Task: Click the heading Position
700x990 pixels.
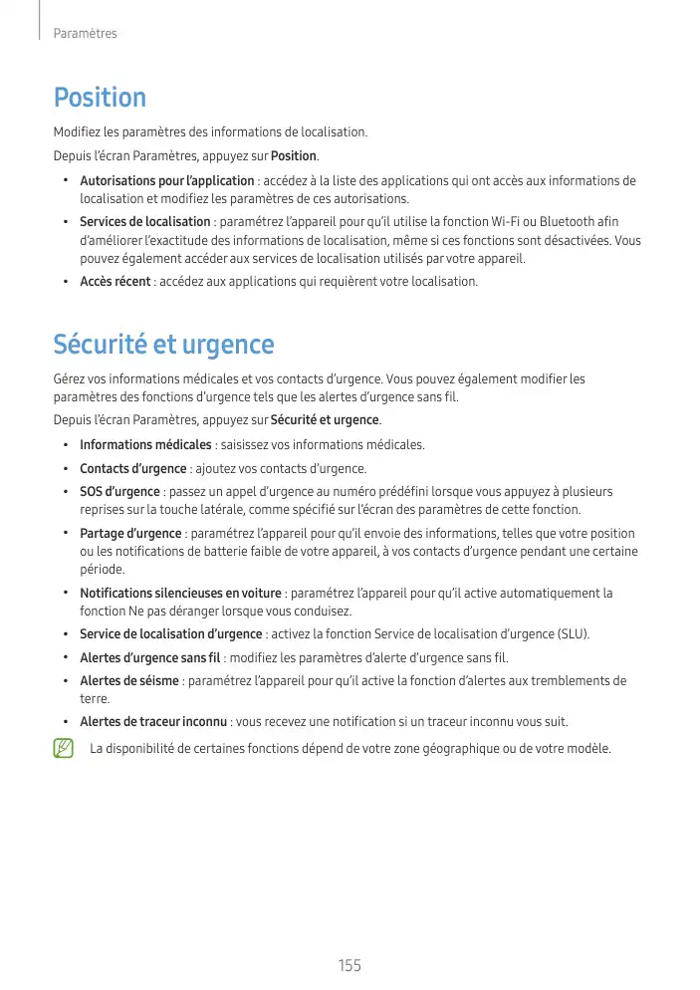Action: pyautogui.click(x=100, y=98)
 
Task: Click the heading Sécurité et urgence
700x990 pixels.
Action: pyautogui.click(x=163, y=345)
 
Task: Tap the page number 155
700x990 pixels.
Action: pyautogui.click(x=350, y=965)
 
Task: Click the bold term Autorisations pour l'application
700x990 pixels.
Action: pyautogui.click(x=166, y=181)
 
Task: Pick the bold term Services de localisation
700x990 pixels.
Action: pyautogui.click(x=144, y=222)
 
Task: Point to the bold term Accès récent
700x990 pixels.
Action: pyautogui.click(x=116, y=282)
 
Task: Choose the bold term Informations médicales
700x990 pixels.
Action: pyautogui.click(x=145, y=445)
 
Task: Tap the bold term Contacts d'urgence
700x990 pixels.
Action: pyautogui.click(x=132, y=469)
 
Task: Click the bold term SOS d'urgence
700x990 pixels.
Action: pyautogui.click(x=119, y=492)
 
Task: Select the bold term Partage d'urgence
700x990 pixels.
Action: pyautogui.click(x=130, y=534)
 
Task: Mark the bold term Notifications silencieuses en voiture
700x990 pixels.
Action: pyautogui.click(x=180, y=594)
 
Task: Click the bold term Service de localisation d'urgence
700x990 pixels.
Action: pyautogui.click(x=170, y=634)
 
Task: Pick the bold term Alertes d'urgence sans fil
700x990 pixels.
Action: pyautogui.click(x=150, y=658)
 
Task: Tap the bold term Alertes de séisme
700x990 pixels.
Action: pyautogui.click(x=129, y=681)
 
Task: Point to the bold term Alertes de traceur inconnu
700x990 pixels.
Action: pyautogui.click(x=154, y=722)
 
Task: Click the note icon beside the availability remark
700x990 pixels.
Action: pyautogui.click(x=64, y=748)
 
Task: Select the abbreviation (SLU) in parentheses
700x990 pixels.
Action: pyautogui.click(x=571, y=634)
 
